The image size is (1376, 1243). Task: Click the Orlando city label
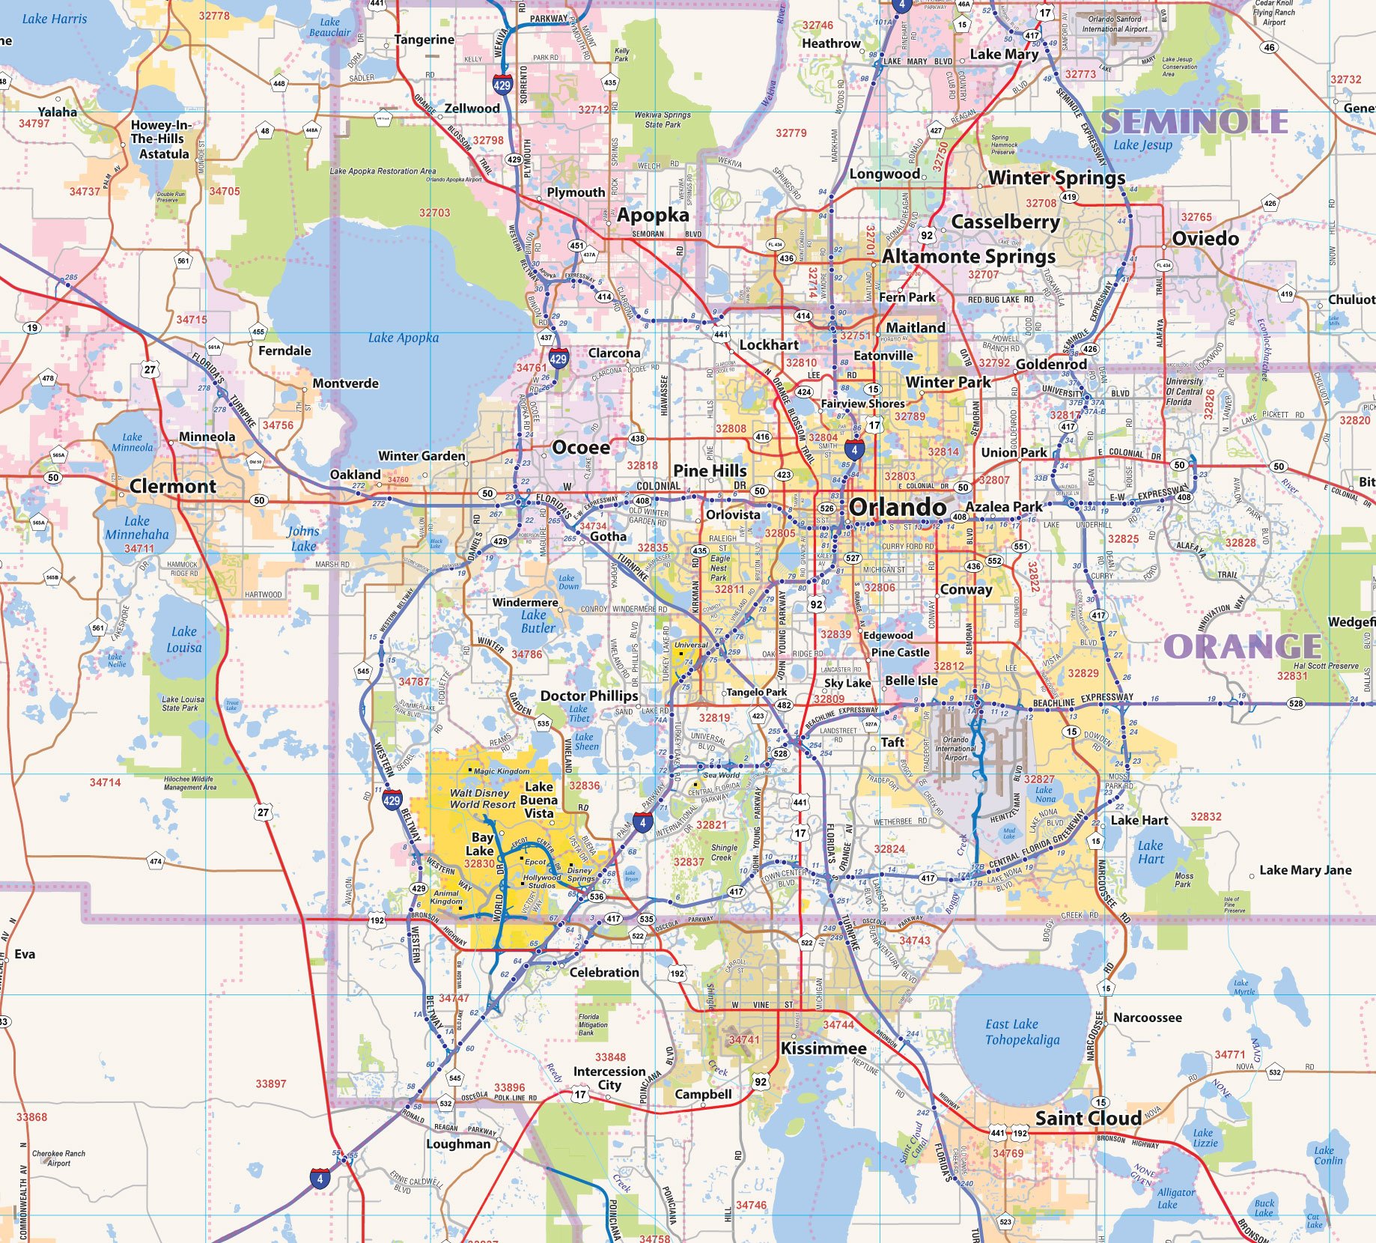coord(898,507)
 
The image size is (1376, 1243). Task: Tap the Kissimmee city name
coord(824,1048)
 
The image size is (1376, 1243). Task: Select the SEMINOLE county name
coord(1195,121)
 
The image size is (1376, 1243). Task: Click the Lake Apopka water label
coord(404,338)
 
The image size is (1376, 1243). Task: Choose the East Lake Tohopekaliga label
coord(1022,1032)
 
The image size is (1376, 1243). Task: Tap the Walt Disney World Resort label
coord(482,798)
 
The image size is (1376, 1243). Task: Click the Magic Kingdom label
coord(502,771)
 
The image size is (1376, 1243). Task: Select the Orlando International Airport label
coord(955,748)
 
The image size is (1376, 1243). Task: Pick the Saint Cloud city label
coord(1088,1118)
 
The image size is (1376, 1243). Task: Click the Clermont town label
coord(173,486)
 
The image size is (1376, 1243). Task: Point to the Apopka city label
coord(653,216)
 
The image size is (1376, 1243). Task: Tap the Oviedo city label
coord(1205,238)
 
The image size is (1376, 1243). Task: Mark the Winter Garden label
coord(421,455)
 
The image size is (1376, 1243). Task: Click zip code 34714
coord(105,782)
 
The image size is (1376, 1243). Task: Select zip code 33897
coord(271,1084)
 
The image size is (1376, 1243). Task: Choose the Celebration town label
coord(604,972)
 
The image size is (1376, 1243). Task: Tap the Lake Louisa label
coord(184,639)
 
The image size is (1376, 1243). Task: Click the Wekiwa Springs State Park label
coord(663,120)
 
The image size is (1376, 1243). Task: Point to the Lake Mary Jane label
coord(1305,870)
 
